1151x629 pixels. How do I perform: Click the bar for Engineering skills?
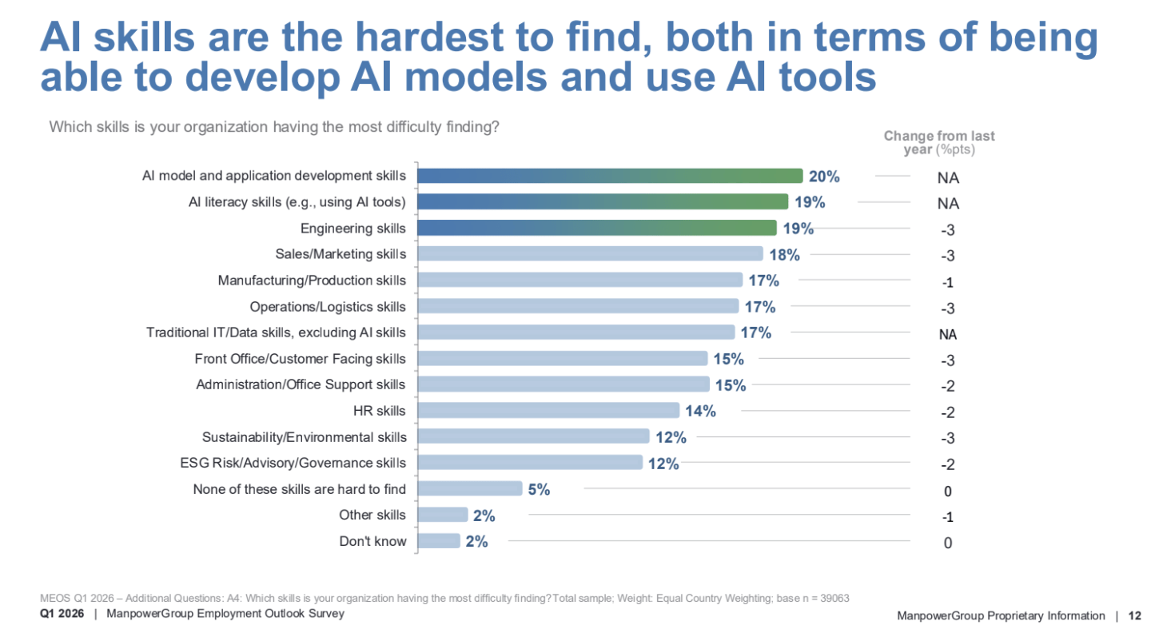[x=596, y=229]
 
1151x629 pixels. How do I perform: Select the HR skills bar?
[x=548, y=411]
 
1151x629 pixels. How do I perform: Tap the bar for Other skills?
[x=443, y=516]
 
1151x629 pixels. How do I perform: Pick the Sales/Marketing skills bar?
[x=590, y=255]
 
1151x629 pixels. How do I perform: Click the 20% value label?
[x=823, y=177]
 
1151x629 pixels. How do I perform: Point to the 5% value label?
[x=539, y=489]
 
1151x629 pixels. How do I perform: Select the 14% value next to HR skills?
[x=699, y=411]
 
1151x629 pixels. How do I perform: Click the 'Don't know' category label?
[x=372, y=541]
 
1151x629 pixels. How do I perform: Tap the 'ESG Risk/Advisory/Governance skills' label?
[x=293, y=463]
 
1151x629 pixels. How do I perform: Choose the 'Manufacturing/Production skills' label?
[x=312, y=281]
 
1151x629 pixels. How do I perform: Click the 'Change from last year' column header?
[x=939, y=142]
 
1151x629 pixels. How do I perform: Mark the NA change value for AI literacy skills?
[x=948, y=204]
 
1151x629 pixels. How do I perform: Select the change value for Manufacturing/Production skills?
[x=948, y=282]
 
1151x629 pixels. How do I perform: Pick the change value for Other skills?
[x=948, y=517]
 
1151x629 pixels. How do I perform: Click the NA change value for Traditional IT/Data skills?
[x=948, y=334]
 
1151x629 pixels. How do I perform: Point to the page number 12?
[x=1134, y=615]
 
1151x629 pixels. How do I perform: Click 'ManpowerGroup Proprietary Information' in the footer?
[x=1001, y=615]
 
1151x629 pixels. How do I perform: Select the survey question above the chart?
[x=274, y=126]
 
